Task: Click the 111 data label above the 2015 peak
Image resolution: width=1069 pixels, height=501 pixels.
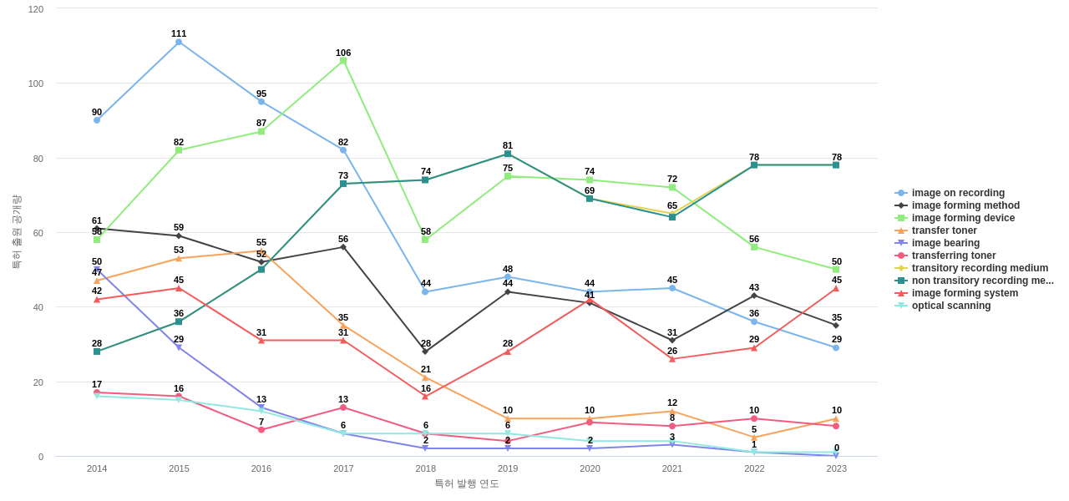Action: click(x=179, y=33)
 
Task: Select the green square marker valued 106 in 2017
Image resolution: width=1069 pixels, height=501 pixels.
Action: click(x=343, y=61)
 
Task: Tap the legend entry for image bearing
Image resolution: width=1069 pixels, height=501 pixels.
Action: click(x=945, y=243)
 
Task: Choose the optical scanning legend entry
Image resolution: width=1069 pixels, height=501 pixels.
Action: click(x=950, y=306)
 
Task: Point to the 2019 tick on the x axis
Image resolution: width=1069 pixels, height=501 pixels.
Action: click(x=508, y=468)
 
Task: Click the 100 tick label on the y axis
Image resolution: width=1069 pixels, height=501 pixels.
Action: click(x=36, y=83)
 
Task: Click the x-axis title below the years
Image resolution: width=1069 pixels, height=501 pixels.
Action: click(x=466, y=483)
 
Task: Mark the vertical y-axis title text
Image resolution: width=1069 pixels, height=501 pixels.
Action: click(x=17, y=232)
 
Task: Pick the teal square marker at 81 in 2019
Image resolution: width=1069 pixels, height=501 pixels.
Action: click(x=508, y=154)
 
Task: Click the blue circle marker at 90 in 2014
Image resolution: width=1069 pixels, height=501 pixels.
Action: click(x=97, y=120)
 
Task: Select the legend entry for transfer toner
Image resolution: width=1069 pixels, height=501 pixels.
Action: click(x=944, y=230)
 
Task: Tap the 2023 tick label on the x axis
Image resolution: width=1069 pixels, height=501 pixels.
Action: click(x=836, y=468)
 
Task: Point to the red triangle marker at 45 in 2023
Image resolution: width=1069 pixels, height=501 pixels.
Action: click(x=836, y=288)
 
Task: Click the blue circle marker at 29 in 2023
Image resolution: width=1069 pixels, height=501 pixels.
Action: click(x=836, y=347)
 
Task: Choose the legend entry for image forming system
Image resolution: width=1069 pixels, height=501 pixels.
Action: click(x=965, y=293)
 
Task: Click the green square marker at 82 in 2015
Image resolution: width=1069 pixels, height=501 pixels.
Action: click(x=179, y=150)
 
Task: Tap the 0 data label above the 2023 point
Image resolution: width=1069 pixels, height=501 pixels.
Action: click(x=837, y=448)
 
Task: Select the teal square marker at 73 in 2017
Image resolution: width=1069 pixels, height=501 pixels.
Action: click(x=343, y=184)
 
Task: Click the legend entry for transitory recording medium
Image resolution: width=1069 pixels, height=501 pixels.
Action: click(x=980, y=268)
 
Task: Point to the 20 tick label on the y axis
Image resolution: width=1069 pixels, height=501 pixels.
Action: click(x=38, y=382)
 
